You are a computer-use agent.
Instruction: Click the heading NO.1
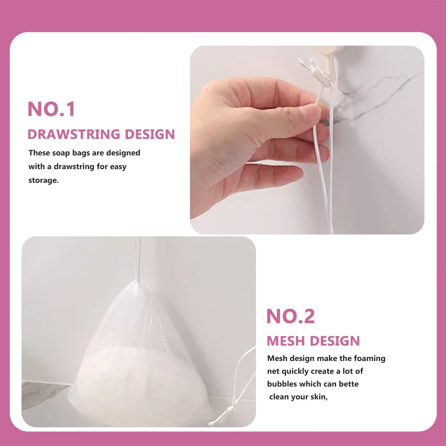point(52,109)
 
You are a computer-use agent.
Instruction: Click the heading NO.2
point(291,316)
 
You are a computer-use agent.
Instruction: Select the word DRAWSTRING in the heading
point(74,134)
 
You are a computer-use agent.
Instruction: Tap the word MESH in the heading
point(286,341)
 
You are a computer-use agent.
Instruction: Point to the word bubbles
point(283,384)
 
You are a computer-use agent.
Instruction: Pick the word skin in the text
point(318,397)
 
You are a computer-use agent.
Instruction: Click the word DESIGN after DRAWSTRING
point(150,134)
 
